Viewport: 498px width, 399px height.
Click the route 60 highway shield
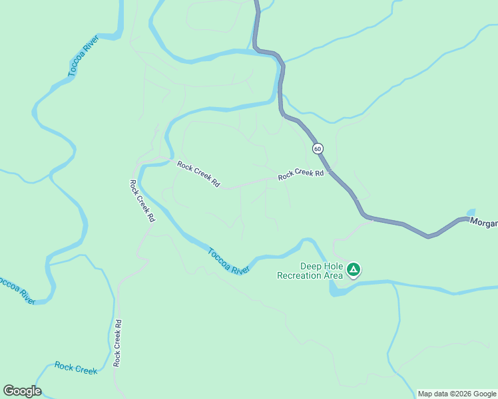click(317, 148)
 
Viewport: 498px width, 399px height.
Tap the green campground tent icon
click(354, 269)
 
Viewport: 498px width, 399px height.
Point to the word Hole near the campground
click(334, 266)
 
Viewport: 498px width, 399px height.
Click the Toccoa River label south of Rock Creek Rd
click(228, 261)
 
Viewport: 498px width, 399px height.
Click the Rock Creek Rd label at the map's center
click(198, 174)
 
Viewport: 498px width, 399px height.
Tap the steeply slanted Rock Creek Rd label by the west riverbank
click(142, 200)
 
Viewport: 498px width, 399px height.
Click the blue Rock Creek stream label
click(76, 368)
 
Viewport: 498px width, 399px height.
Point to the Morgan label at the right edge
click(484, 223)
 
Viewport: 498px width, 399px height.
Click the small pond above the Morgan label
click(471, 212)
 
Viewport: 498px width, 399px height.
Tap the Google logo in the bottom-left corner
click(22, 391)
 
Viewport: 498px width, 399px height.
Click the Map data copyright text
click(457, 394)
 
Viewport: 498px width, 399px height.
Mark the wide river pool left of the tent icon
click(338, 289)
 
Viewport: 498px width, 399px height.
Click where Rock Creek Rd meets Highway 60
click(328, 171)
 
